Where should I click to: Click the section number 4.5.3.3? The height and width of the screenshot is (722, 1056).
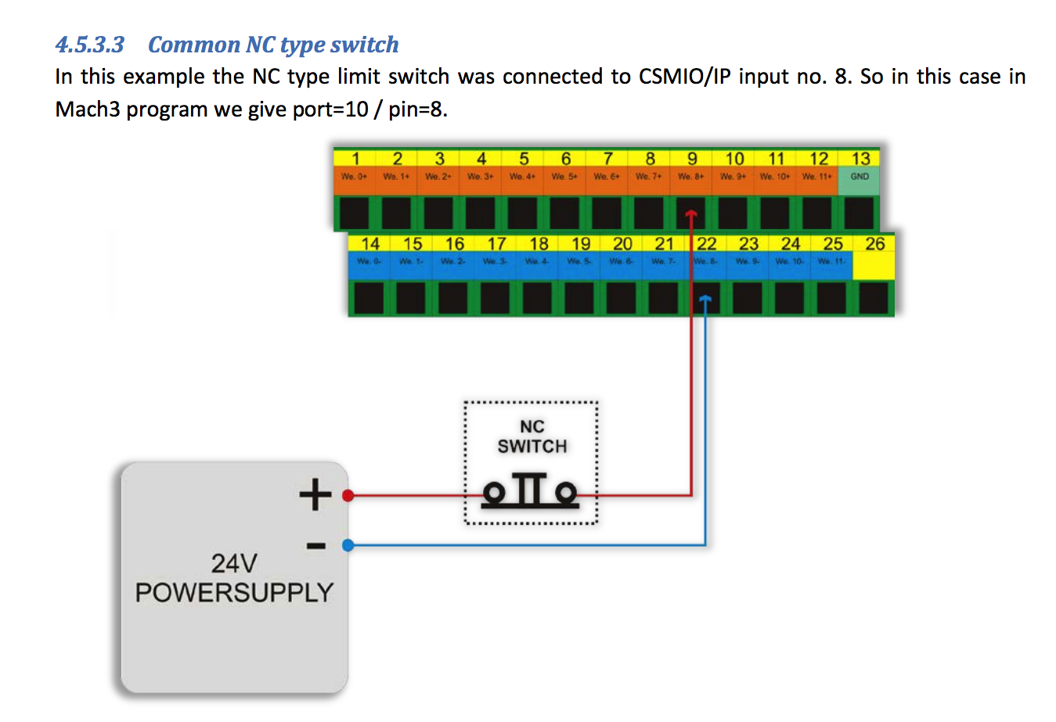click(89, 45)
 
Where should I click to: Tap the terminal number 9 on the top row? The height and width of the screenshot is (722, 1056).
click(692, 159)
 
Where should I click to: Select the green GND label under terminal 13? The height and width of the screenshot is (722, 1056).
click(860, 177)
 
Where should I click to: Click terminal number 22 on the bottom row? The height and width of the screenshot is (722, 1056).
click(707, 244)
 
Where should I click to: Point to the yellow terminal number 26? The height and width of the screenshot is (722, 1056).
click(874, 244)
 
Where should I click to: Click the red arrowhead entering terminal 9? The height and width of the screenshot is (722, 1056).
click(691, 214)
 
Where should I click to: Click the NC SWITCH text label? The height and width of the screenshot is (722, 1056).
click(532, 436)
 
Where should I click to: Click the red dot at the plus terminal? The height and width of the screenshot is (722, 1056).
click(348, 495)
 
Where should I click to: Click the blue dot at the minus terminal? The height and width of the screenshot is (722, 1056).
click(348, 545)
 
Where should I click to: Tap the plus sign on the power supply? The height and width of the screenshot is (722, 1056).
click(315, 494)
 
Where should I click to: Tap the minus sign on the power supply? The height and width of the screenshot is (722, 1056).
click(315, 545)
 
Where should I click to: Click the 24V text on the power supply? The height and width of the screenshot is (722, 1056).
click(233, 563)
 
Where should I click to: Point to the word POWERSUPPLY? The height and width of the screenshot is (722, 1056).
click(234, 593)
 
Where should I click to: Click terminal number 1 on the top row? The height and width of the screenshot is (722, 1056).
click(355, 159)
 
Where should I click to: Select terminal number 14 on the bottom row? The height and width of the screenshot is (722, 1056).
click(370, 244)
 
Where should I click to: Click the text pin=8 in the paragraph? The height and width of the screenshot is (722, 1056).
click(418, 110)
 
